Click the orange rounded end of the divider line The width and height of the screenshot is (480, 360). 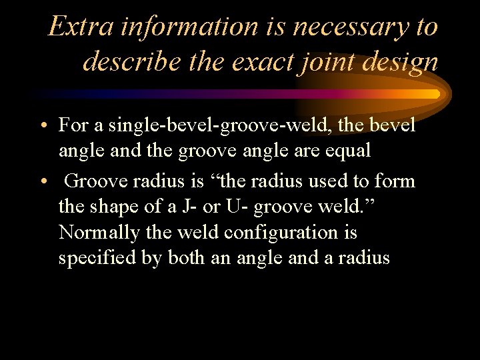pos(435,94)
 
